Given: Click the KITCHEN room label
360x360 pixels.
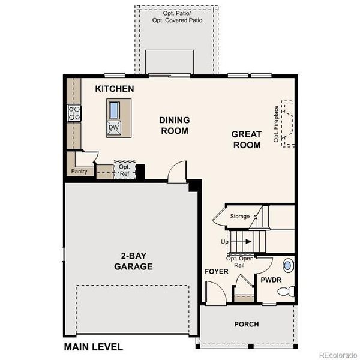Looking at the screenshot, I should click(114, 89).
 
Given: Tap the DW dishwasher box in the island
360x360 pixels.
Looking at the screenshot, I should click(113, 127).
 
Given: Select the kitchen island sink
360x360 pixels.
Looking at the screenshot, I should click(113, 110).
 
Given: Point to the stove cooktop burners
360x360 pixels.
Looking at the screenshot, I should click(74, 113).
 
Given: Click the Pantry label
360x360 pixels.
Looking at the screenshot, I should click(79, 172).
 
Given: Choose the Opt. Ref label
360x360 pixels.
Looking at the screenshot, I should click(124, 170).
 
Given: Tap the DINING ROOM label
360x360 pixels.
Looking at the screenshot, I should click(174, 125).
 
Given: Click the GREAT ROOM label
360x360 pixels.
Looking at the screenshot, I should click(246, 140).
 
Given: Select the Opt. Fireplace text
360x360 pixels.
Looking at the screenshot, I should click(276, 124).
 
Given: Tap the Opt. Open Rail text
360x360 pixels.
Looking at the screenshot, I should click(239, 261).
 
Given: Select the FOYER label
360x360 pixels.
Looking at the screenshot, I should click(216, 272).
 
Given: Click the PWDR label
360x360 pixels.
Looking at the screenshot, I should click(271, 280).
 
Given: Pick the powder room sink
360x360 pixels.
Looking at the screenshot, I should click(287, 265).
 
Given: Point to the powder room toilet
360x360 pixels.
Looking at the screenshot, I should click(286, 292).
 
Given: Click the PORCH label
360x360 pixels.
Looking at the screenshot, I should click(247, 324).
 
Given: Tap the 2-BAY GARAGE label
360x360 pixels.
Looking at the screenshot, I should click(133, 262).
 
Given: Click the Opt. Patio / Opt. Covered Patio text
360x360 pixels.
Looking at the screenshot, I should click(178, 16).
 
